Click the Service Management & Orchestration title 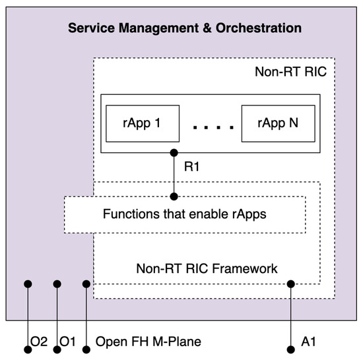(x=185, y=28)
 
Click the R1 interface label (x=191, y=168)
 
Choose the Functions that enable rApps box (x=185, y=214)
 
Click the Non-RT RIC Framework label (x=207, y=268)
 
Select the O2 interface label (x=39, y=342)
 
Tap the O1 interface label (x=69, y=342)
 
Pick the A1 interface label (x=309, y=342)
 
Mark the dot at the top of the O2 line (x=28, y=284)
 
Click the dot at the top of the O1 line (x=57, y=284)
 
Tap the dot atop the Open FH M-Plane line (x=86, y=284)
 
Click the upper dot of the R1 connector (x=174, y=153)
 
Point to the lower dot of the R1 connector (x=174, y=196)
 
